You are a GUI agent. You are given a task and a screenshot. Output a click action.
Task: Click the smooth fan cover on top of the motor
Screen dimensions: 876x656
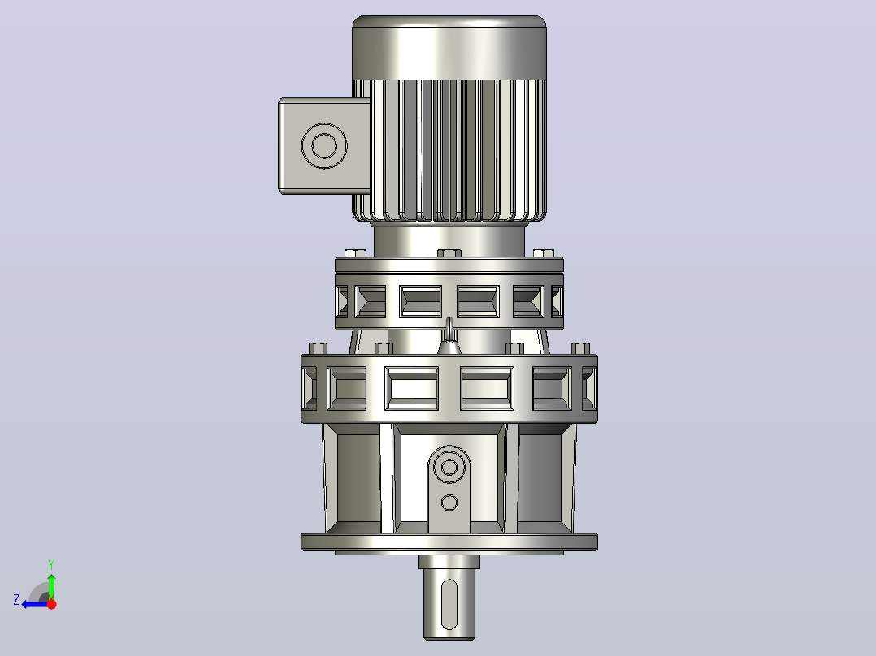(x=449, y=47)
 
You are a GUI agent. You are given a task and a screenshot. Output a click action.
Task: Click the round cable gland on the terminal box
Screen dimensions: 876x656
(x=324, y=145)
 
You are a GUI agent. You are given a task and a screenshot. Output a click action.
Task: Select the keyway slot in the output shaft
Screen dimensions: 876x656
(x=449, y=605)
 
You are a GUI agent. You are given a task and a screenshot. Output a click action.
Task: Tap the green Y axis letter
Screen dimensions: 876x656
(x=51, y=565)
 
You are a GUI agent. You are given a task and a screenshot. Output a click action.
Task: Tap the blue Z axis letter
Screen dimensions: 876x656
(x=16, y=600)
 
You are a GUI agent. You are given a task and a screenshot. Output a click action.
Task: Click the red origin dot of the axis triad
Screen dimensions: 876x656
(x=51, y=603)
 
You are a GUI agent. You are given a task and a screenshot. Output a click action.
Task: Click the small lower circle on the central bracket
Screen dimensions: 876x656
(x=449, y=503)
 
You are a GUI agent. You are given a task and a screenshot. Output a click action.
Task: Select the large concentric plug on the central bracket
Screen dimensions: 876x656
(x=449, y=467)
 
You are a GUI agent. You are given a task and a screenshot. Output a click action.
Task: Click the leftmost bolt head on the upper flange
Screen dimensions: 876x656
(x=356, y=253)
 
